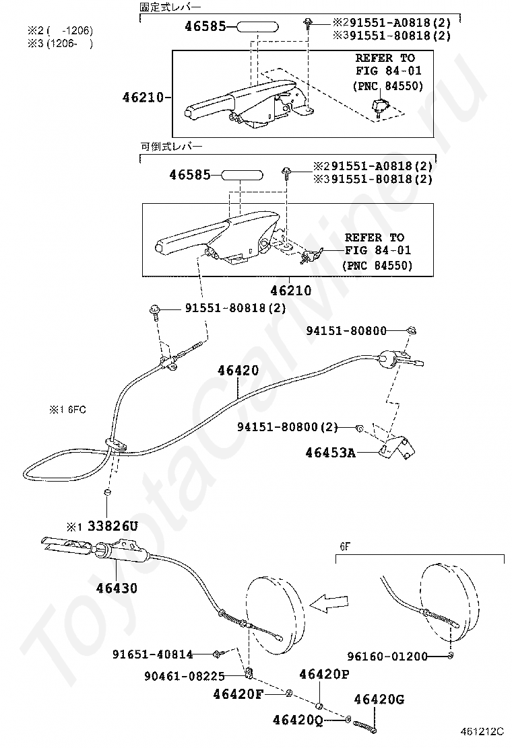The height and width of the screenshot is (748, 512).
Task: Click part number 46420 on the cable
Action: pos(238,370)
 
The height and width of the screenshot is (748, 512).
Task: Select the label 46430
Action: pos(116,588)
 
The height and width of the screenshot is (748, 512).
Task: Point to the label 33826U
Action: pos(111,526)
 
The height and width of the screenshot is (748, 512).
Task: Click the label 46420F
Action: pos(238,694)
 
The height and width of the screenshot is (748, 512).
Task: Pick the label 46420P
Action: pos(324,674)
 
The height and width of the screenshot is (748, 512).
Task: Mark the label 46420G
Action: pos(379,700)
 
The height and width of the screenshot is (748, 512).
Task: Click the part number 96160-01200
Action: pos(387,657)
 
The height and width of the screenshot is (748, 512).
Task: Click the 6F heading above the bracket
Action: pos(344,548)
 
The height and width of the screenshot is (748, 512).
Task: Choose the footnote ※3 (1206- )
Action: pos(59,44)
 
